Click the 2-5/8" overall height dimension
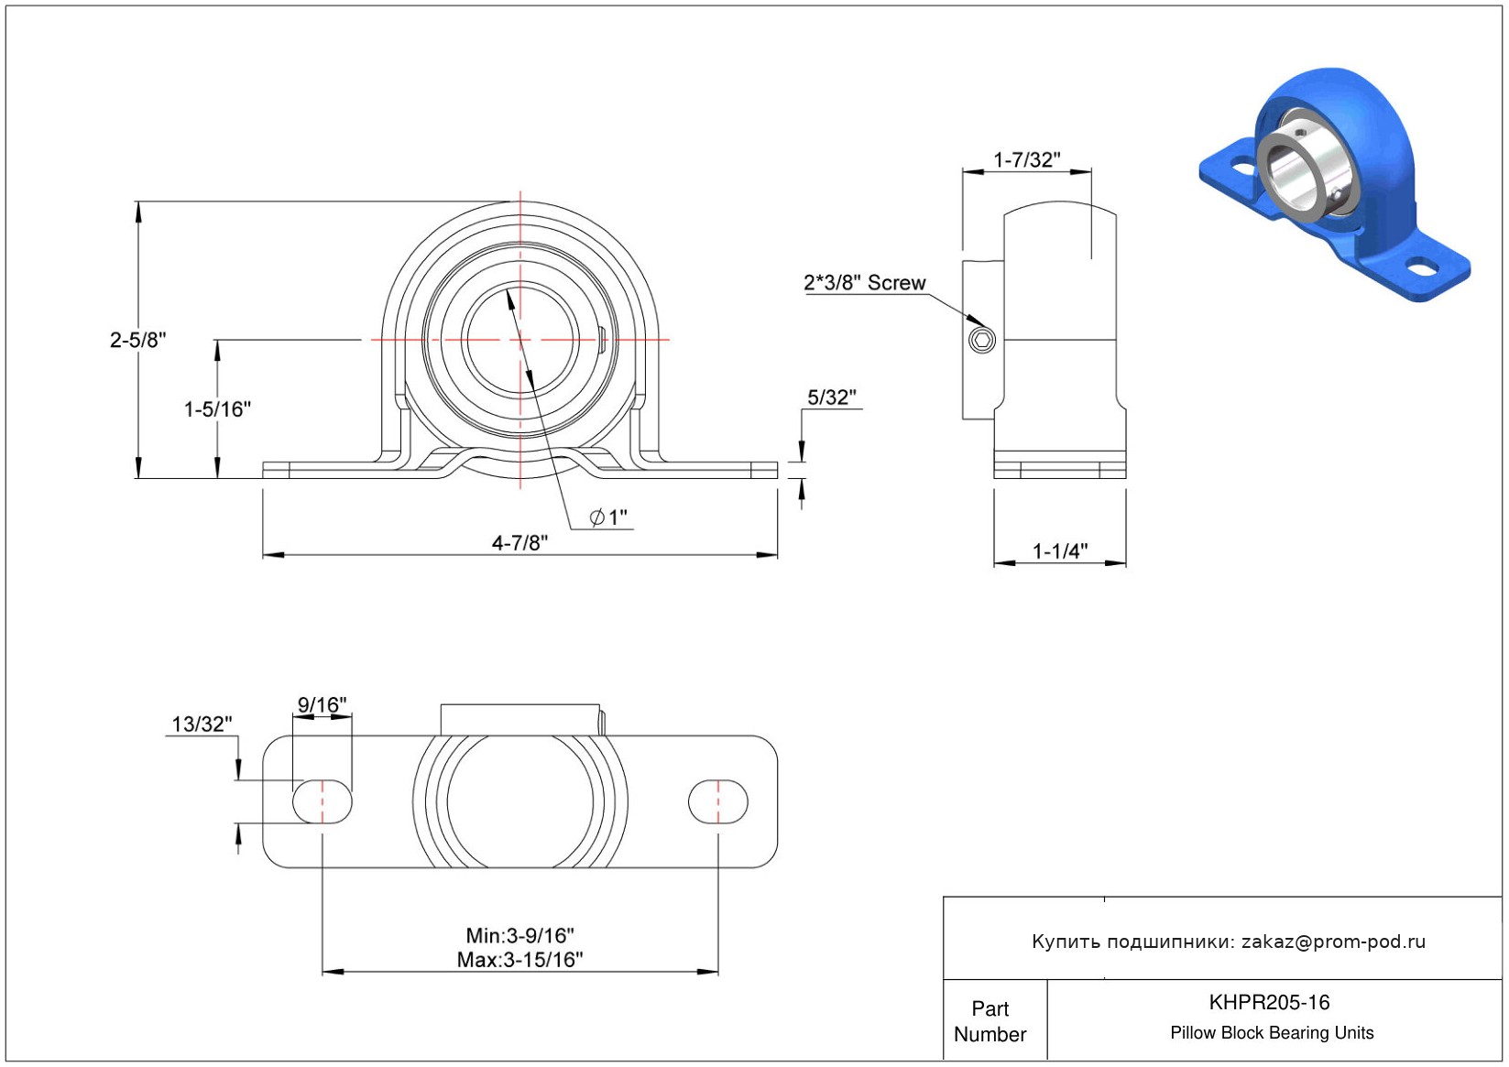pos(138,340)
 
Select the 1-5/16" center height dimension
pos(217,408)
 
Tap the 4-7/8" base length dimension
pos(519,542)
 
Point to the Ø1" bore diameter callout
pos(608,517)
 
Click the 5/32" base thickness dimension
pos(831,397)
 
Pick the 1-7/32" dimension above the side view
pos(1027,159)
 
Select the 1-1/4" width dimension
pos(1060,551)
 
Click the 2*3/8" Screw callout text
pos(864,283)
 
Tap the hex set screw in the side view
pos(981,340)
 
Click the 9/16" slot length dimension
pos(322,704)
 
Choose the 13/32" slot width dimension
pos(202,724)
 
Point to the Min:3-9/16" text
pos(519,936)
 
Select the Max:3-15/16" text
pos(519,959)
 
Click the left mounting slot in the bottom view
pos(322,801)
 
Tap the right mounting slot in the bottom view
pos(717,801)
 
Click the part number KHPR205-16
pos(1269,1002)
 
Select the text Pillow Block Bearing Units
pos(1271,1032)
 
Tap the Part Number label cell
pos(990,1021)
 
